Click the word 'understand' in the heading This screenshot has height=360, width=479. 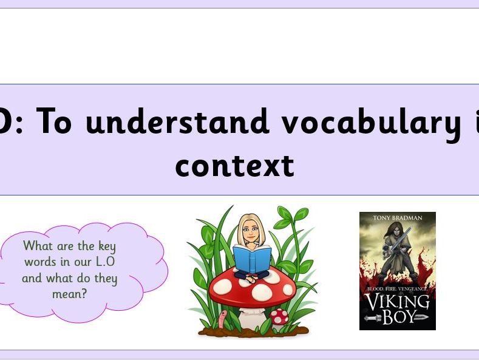(177, 122)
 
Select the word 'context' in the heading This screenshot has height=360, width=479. (234, 165)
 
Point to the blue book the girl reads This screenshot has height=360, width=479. (251, 259)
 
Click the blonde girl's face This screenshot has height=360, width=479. (250, 230)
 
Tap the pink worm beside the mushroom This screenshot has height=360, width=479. (222, 319)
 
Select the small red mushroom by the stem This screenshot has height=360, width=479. (279, 316)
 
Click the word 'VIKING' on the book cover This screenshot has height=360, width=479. (397, 301)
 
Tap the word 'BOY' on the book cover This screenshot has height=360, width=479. (397, 317)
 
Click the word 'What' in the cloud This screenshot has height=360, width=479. (37, 246)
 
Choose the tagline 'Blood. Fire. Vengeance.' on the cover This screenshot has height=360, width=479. (397, 288)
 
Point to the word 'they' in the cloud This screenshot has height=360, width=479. (104, 279)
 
